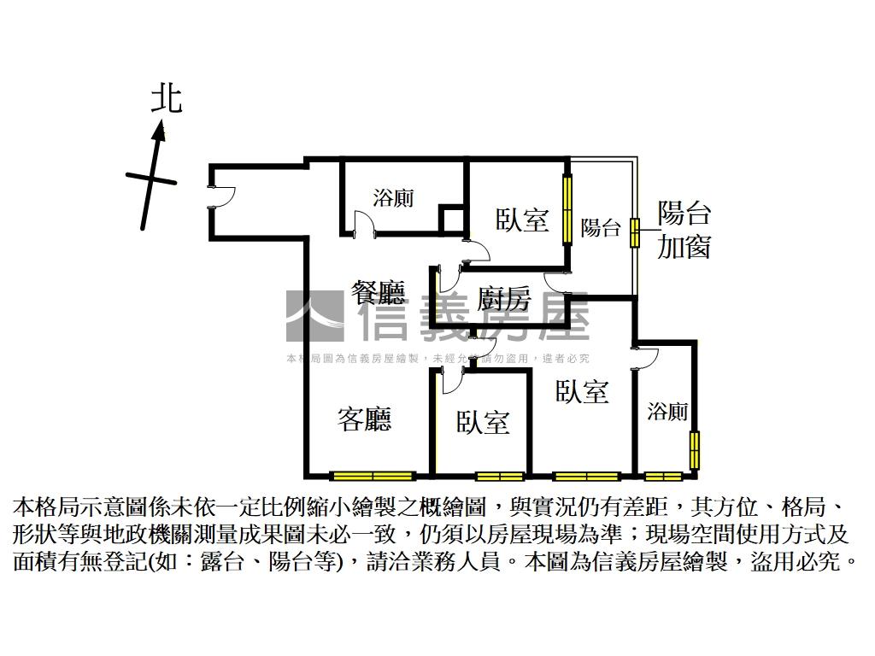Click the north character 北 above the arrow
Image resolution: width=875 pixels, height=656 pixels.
[x=167, y=98]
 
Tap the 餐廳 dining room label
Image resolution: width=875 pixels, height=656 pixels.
[x=378, y=293]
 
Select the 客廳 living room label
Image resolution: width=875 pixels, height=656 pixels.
[x=365, y=419]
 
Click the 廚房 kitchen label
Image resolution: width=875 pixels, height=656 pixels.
[x=503, y=299]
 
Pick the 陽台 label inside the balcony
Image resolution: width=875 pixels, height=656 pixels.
[x=600, y=228]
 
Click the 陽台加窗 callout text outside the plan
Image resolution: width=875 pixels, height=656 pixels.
[x=684, y=230]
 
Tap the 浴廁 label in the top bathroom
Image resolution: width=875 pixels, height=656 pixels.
[x=393, y=198]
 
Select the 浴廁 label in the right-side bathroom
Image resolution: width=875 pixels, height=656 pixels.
[x=667, y=412]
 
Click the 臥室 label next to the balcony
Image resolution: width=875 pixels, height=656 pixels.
[x=522, y=220]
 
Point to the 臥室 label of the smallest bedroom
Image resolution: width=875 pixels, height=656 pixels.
[x=483, y=422]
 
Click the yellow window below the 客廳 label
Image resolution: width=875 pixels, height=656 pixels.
[x=373, y=476]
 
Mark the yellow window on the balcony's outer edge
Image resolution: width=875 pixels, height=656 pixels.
[x=635, y=232]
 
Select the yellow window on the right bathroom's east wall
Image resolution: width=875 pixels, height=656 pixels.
[x=694, y=450]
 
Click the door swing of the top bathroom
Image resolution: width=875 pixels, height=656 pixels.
[x=362, y=224]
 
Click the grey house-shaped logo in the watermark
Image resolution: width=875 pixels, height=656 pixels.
[x=314, y=317]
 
